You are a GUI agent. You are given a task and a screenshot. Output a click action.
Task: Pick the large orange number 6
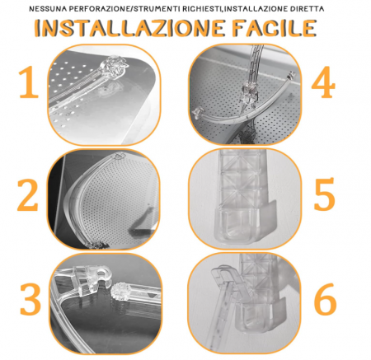[x=325, y=302]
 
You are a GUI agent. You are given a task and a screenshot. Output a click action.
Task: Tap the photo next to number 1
[x=104, y=92]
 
